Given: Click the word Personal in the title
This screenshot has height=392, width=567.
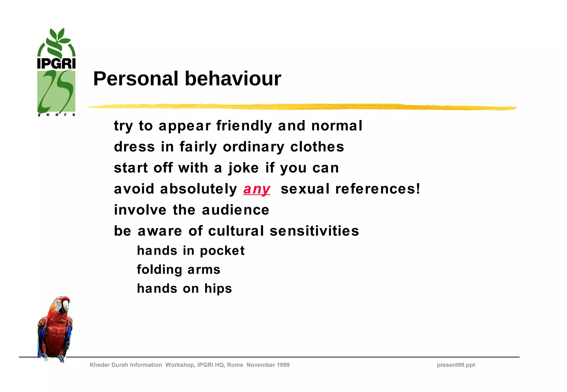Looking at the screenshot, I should pos(136,79).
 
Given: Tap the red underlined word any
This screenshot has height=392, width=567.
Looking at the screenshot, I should pos(257,189).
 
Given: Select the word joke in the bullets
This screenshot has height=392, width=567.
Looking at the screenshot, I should pos(243,168).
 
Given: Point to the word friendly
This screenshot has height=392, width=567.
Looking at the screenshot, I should pos(244,126).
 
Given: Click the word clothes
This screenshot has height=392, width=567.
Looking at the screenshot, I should pos(317,147).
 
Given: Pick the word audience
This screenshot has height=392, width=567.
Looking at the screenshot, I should pos(235,210).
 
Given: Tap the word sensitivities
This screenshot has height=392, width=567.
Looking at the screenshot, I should pos(314,231).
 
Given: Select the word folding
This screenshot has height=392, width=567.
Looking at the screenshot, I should pos(159,270).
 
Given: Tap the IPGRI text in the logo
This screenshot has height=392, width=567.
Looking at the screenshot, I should pos(56,63).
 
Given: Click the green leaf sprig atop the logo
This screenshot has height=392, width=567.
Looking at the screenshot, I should pos(58,39).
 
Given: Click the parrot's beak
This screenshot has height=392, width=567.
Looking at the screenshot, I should pos(65,306).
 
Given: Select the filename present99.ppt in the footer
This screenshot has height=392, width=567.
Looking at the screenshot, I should pos(456,365).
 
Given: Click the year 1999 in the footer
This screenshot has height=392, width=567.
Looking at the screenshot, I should pos(283,365).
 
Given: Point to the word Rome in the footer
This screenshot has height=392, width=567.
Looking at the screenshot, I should pos(235,365).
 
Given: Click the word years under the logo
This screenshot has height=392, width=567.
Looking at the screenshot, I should pos(56,114).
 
